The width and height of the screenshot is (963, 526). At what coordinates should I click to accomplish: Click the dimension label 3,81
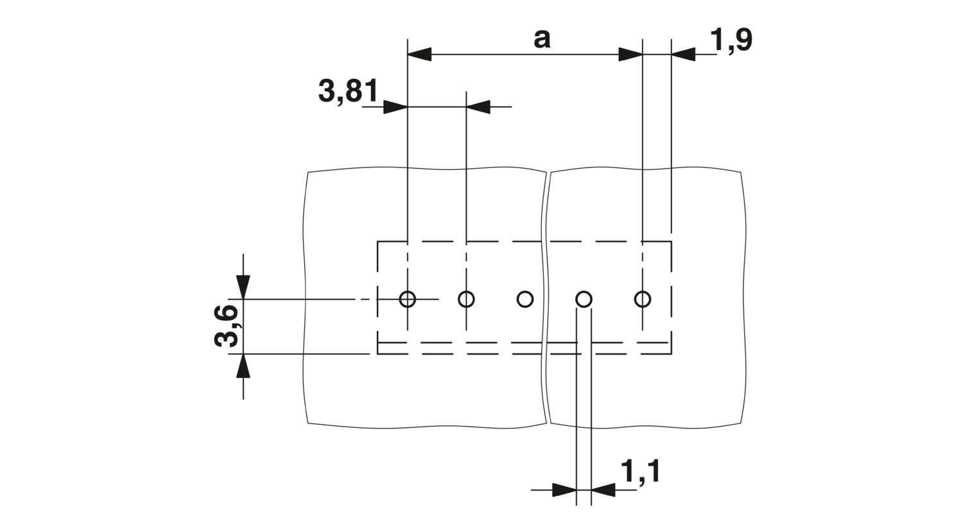(348, 91)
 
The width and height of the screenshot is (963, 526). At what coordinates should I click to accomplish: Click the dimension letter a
(542, 39)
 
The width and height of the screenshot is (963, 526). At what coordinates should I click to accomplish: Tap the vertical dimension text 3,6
(226, 326)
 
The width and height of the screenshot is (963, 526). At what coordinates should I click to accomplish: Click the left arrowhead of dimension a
(419, 55)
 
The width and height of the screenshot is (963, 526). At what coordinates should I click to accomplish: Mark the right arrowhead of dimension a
(630, 55)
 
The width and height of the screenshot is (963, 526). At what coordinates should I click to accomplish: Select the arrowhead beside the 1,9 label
(683, 55)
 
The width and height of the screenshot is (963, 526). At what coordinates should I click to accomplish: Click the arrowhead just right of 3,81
(478, 107)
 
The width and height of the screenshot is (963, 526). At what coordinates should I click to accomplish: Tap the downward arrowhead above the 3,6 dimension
(243, 287)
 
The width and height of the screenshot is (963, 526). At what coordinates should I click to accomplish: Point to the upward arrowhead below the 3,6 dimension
(243, 366)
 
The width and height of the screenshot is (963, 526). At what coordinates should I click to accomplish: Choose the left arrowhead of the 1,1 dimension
(564, 490)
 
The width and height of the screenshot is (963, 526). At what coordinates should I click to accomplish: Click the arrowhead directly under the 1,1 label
(603, 490)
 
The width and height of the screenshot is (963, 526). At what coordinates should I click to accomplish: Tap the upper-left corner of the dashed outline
(377, 242)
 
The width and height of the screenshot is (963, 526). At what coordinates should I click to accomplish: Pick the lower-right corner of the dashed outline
(671, 354)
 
